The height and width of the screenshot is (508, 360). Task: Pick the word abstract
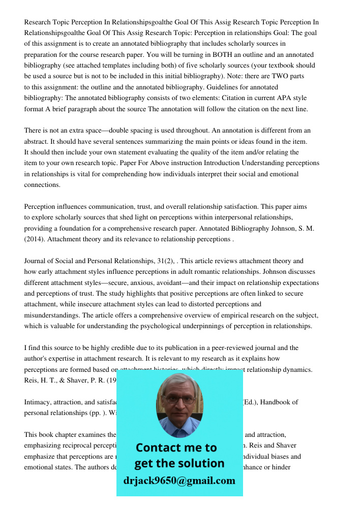pos(38,142)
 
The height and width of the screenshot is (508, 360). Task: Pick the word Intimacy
pos(37,402)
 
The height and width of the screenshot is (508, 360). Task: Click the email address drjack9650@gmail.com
pos(179,481)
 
